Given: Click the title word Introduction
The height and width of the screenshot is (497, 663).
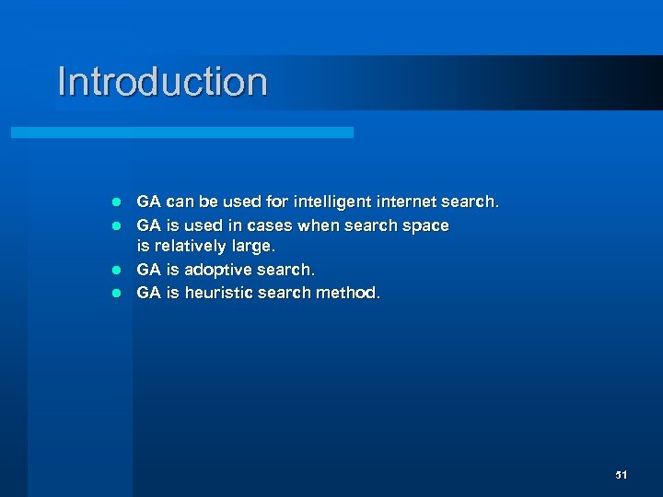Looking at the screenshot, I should (162, 81).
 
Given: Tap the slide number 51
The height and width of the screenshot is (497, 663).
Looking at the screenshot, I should (621, 475).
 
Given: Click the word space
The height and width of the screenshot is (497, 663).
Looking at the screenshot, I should (426, 225).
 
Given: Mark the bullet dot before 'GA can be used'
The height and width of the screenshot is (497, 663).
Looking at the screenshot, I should (116, 202).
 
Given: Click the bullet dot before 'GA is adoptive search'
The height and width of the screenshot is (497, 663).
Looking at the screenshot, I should (116, 271).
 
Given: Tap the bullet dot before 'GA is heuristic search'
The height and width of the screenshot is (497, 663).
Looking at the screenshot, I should (116, 294).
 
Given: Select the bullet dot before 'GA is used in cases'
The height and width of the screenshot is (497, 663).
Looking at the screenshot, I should (116, 225).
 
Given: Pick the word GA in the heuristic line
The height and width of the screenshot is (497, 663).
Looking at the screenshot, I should (148, 293).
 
